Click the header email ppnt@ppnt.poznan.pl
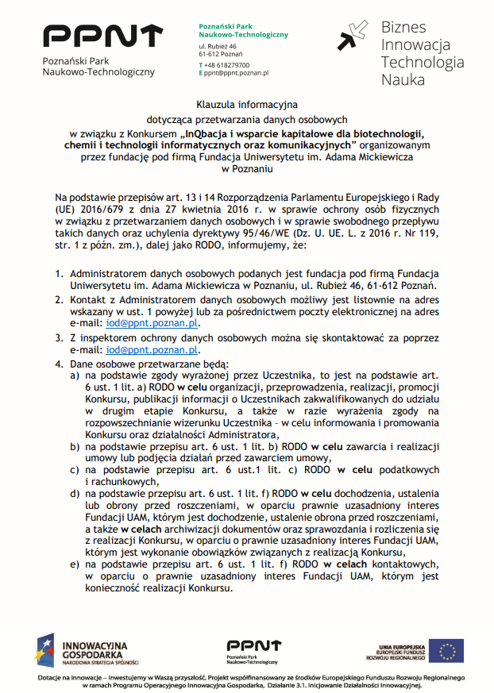click(x=236, y=72)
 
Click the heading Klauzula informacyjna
click(x=246, y=104)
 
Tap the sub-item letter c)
click(x=74, y=469)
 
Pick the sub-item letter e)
click(x=74, y=564)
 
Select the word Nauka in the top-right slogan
click(x=403, y=79)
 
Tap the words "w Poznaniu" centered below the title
click(x=246, y=168)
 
